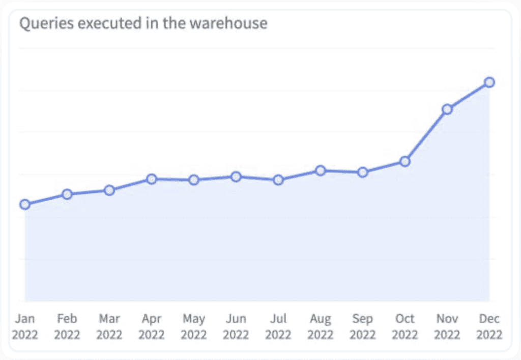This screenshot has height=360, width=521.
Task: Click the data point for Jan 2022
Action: coord(24,204)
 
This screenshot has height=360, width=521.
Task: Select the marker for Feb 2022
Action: coord(67,194)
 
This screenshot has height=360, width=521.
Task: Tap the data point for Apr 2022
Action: coord(151,179)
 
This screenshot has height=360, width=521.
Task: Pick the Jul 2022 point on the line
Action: coord(278,180)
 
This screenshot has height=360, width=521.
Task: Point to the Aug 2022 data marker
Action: coord(321,171)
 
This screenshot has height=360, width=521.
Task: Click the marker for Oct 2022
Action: coord(405,161)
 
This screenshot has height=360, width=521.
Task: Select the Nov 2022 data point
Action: coord(447,109)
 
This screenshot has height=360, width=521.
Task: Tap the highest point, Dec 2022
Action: coord(489,82)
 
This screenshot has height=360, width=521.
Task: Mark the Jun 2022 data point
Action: coord(236,177)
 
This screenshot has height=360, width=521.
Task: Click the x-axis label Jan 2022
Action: coord(24,327)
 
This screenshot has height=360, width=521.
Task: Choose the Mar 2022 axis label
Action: coord(109,327)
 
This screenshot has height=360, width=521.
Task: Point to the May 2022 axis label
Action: coord(194,327)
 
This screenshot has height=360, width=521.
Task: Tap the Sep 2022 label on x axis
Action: coord(363,327)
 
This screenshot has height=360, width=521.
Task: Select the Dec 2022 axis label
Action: coord(489,327)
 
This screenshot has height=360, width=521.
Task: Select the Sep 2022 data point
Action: coord(363,172)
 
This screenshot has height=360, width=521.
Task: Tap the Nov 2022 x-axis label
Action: coord(447,327)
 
